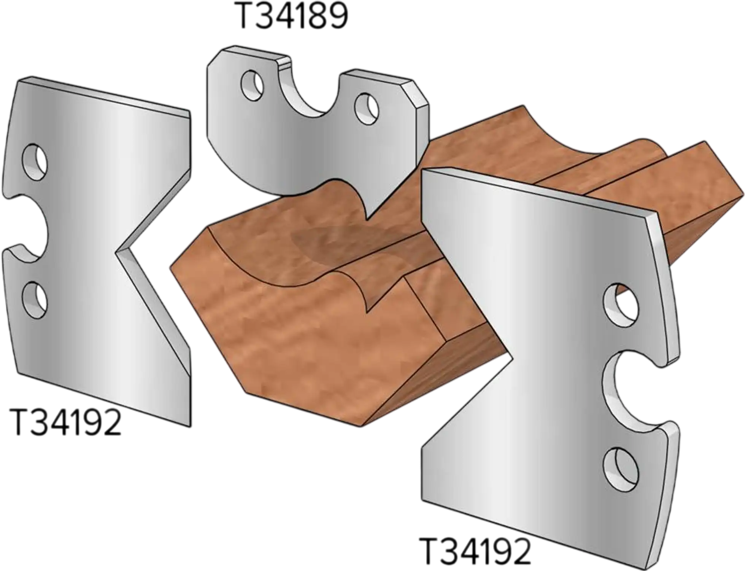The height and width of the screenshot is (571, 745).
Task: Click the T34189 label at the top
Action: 292,16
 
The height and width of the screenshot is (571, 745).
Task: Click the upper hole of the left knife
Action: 35,161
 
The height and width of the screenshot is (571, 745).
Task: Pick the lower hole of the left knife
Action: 35,300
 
